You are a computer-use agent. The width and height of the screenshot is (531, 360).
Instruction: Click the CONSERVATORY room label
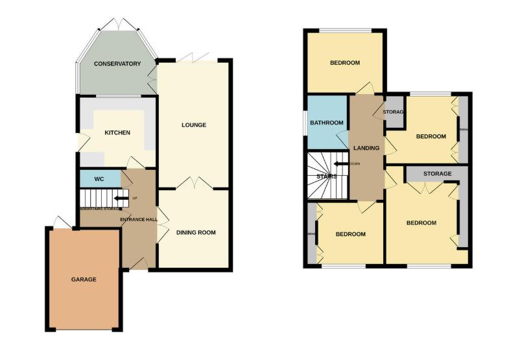[117, 64]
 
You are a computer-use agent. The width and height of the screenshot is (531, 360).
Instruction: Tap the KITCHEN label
[117, 132]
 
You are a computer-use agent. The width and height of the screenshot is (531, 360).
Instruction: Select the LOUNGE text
[194, 125]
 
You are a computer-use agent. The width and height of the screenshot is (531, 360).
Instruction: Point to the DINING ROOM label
[196, 232]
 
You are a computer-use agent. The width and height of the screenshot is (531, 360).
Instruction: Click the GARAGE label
[84, 280]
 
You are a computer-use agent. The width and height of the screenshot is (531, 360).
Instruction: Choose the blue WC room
[100, 178]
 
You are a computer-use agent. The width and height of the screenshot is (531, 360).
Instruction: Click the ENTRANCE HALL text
[139, 220]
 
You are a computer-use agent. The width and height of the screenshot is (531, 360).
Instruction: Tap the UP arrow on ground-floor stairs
[121, 199]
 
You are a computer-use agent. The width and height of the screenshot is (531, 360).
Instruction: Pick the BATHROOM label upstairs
[326, 123]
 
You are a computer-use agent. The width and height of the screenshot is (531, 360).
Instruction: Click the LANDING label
[366, 148]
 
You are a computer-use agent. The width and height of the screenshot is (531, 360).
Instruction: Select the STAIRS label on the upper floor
[326, 176]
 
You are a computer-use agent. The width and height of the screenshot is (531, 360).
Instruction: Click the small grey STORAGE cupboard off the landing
[394, 112]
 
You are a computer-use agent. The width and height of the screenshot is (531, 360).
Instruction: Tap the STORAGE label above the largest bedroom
[437, 174]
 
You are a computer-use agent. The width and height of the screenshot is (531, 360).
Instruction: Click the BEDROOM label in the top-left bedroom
[345, 63]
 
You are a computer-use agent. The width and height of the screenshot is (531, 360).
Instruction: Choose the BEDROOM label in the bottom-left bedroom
[350, 234]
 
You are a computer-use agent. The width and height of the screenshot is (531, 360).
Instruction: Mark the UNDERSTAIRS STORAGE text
[100, 209]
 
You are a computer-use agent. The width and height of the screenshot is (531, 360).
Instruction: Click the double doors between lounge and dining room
[195, 183]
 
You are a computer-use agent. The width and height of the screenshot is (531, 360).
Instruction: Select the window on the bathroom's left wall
[305, 123]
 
